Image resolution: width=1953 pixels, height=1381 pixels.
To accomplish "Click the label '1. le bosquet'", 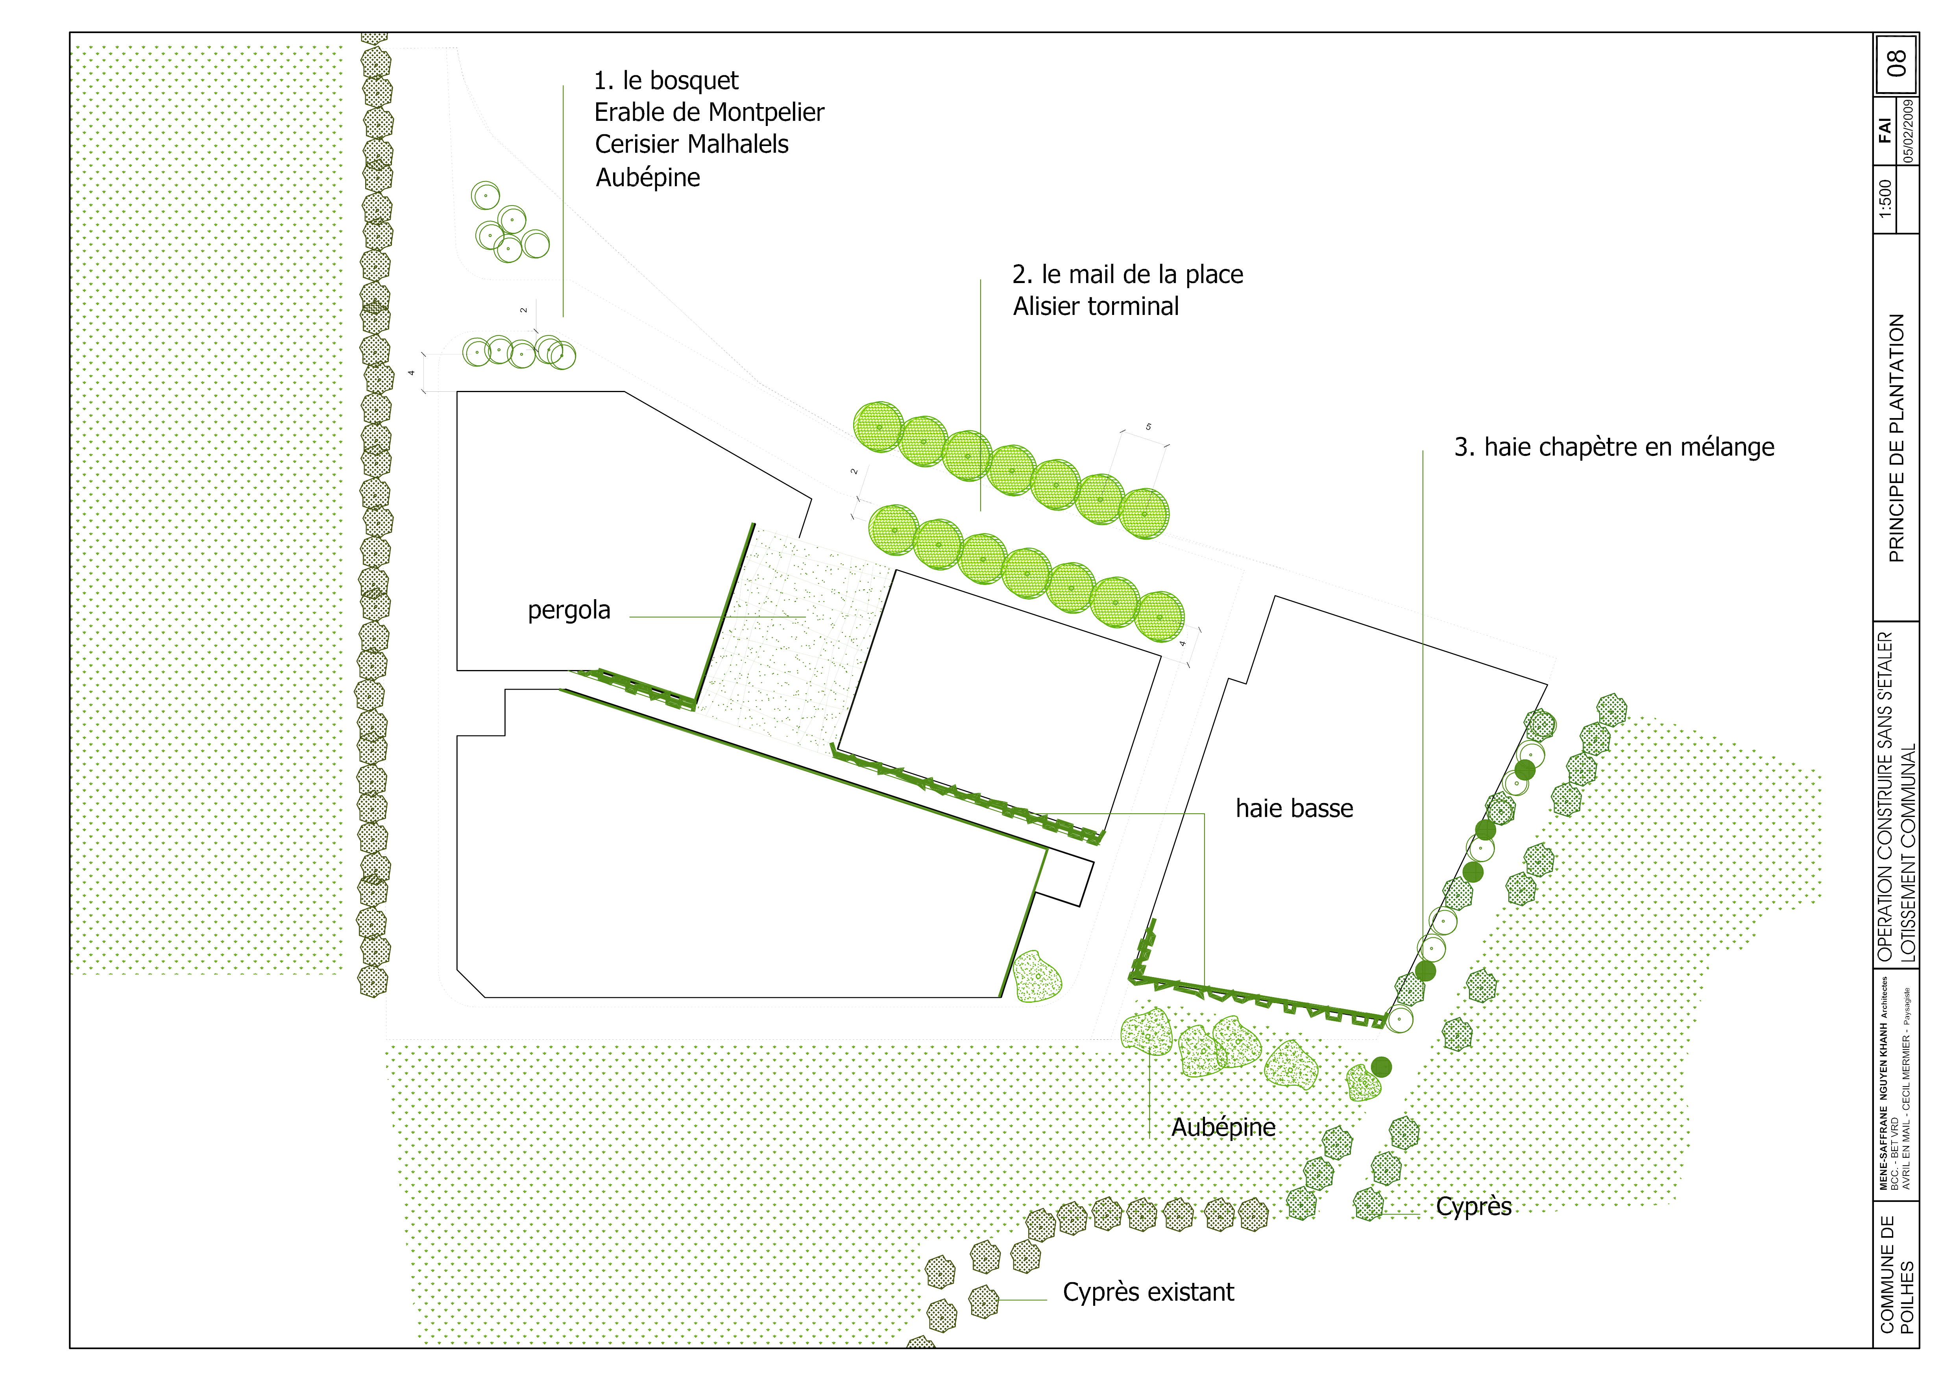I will pyautogui.click(x=666, y=81).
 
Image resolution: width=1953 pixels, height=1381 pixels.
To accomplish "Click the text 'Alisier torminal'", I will pyautogui.click(x=1096, y=306).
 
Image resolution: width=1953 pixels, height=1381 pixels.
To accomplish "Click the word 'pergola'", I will pyautogui.click(x=569, y=610).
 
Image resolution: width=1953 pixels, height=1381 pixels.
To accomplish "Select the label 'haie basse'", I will pyautogui.click(x=1294, y=808).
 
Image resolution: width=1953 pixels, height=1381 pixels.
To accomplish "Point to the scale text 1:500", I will pyautogui.click(x=1885, y=198).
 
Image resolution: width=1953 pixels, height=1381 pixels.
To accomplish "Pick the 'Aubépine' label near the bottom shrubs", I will pyautogui.click(x=1223, y=1127).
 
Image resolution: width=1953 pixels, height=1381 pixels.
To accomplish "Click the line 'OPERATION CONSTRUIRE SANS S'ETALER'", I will pyautogui.click(x=1885, y=796).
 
